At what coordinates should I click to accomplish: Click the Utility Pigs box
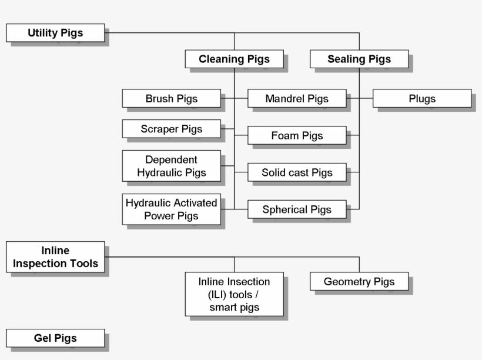click(x=55, y=33)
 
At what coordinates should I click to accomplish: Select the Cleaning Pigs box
click(x=234, y=59)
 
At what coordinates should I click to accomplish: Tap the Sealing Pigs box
click(x=359, y=59)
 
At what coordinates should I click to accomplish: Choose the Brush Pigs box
click(x=171, y=99)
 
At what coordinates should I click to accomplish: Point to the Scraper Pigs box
click(x=171, y=129)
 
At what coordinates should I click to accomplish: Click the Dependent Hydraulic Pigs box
click(x=171, y=166)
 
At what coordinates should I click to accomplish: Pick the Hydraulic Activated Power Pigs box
click(x=171, y=209)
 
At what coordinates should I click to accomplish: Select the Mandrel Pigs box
click(x=296, y=99)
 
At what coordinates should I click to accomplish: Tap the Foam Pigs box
click(x=296, y=136)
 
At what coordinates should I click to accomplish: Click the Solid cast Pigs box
click(x=296, y=172)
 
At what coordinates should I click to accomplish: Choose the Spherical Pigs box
click(x=296, y=209)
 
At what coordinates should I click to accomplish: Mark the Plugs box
click(x=421, y=99)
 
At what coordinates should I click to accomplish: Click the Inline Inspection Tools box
click(x=55, y=257)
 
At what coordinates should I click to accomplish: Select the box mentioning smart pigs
click(x=234, y=294)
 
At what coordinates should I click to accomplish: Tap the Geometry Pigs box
click(x=359, y=282)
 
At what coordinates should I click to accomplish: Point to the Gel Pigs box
click(x=55, y=338)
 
